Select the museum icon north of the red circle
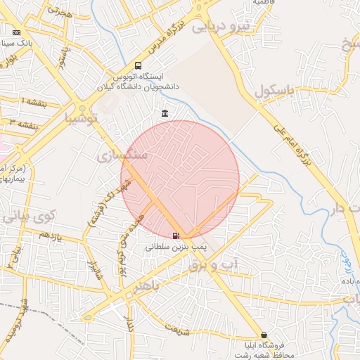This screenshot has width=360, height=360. pyautogui.click(x=165, y=114)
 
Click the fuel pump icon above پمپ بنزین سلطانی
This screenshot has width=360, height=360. pyautogui.click(x=175, y=236)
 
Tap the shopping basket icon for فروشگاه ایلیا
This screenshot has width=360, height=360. pyautogui.click(x=264, y=335)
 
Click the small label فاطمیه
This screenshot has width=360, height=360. pyautogui.click(x=257, y=2)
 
